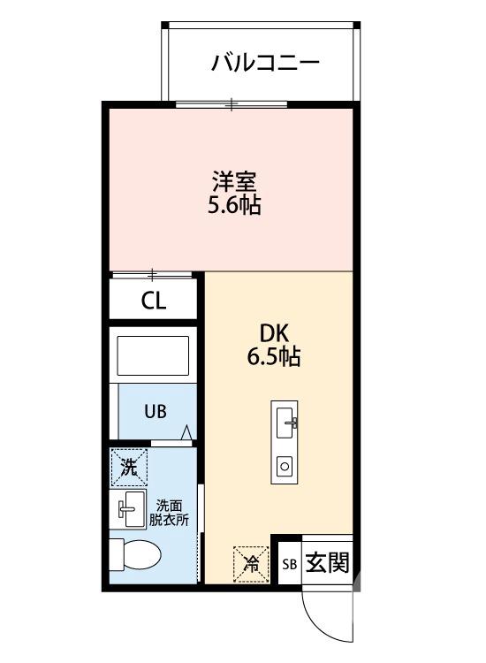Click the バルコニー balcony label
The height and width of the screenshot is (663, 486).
point(265,64)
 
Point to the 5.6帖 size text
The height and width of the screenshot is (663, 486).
point(234,207)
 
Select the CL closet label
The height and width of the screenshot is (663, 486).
point(154,301)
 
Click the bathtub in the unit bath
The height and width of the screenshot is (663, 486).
point(154,356)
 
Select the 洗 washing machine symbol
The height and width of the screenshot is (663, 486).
point(129,468)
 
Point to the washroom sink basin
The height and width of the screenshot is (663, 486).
point(130,508)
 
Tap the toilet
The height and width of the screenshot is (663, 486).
point(135,555)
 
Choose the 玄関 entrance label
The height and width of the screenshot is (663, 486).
point(327,562)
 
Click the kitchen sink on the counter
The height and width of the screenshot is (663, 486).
point(286,423)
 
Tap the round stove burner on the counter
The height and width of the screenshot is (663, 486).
point(285,464)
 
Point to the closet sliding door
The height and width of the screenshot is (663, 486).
point(153,275)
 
